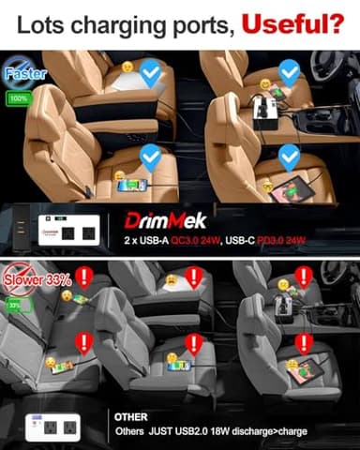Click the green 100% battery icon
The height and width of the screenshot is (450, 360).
[17, 97]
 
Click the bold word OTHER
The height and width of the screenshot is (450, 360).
[129, 414]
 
